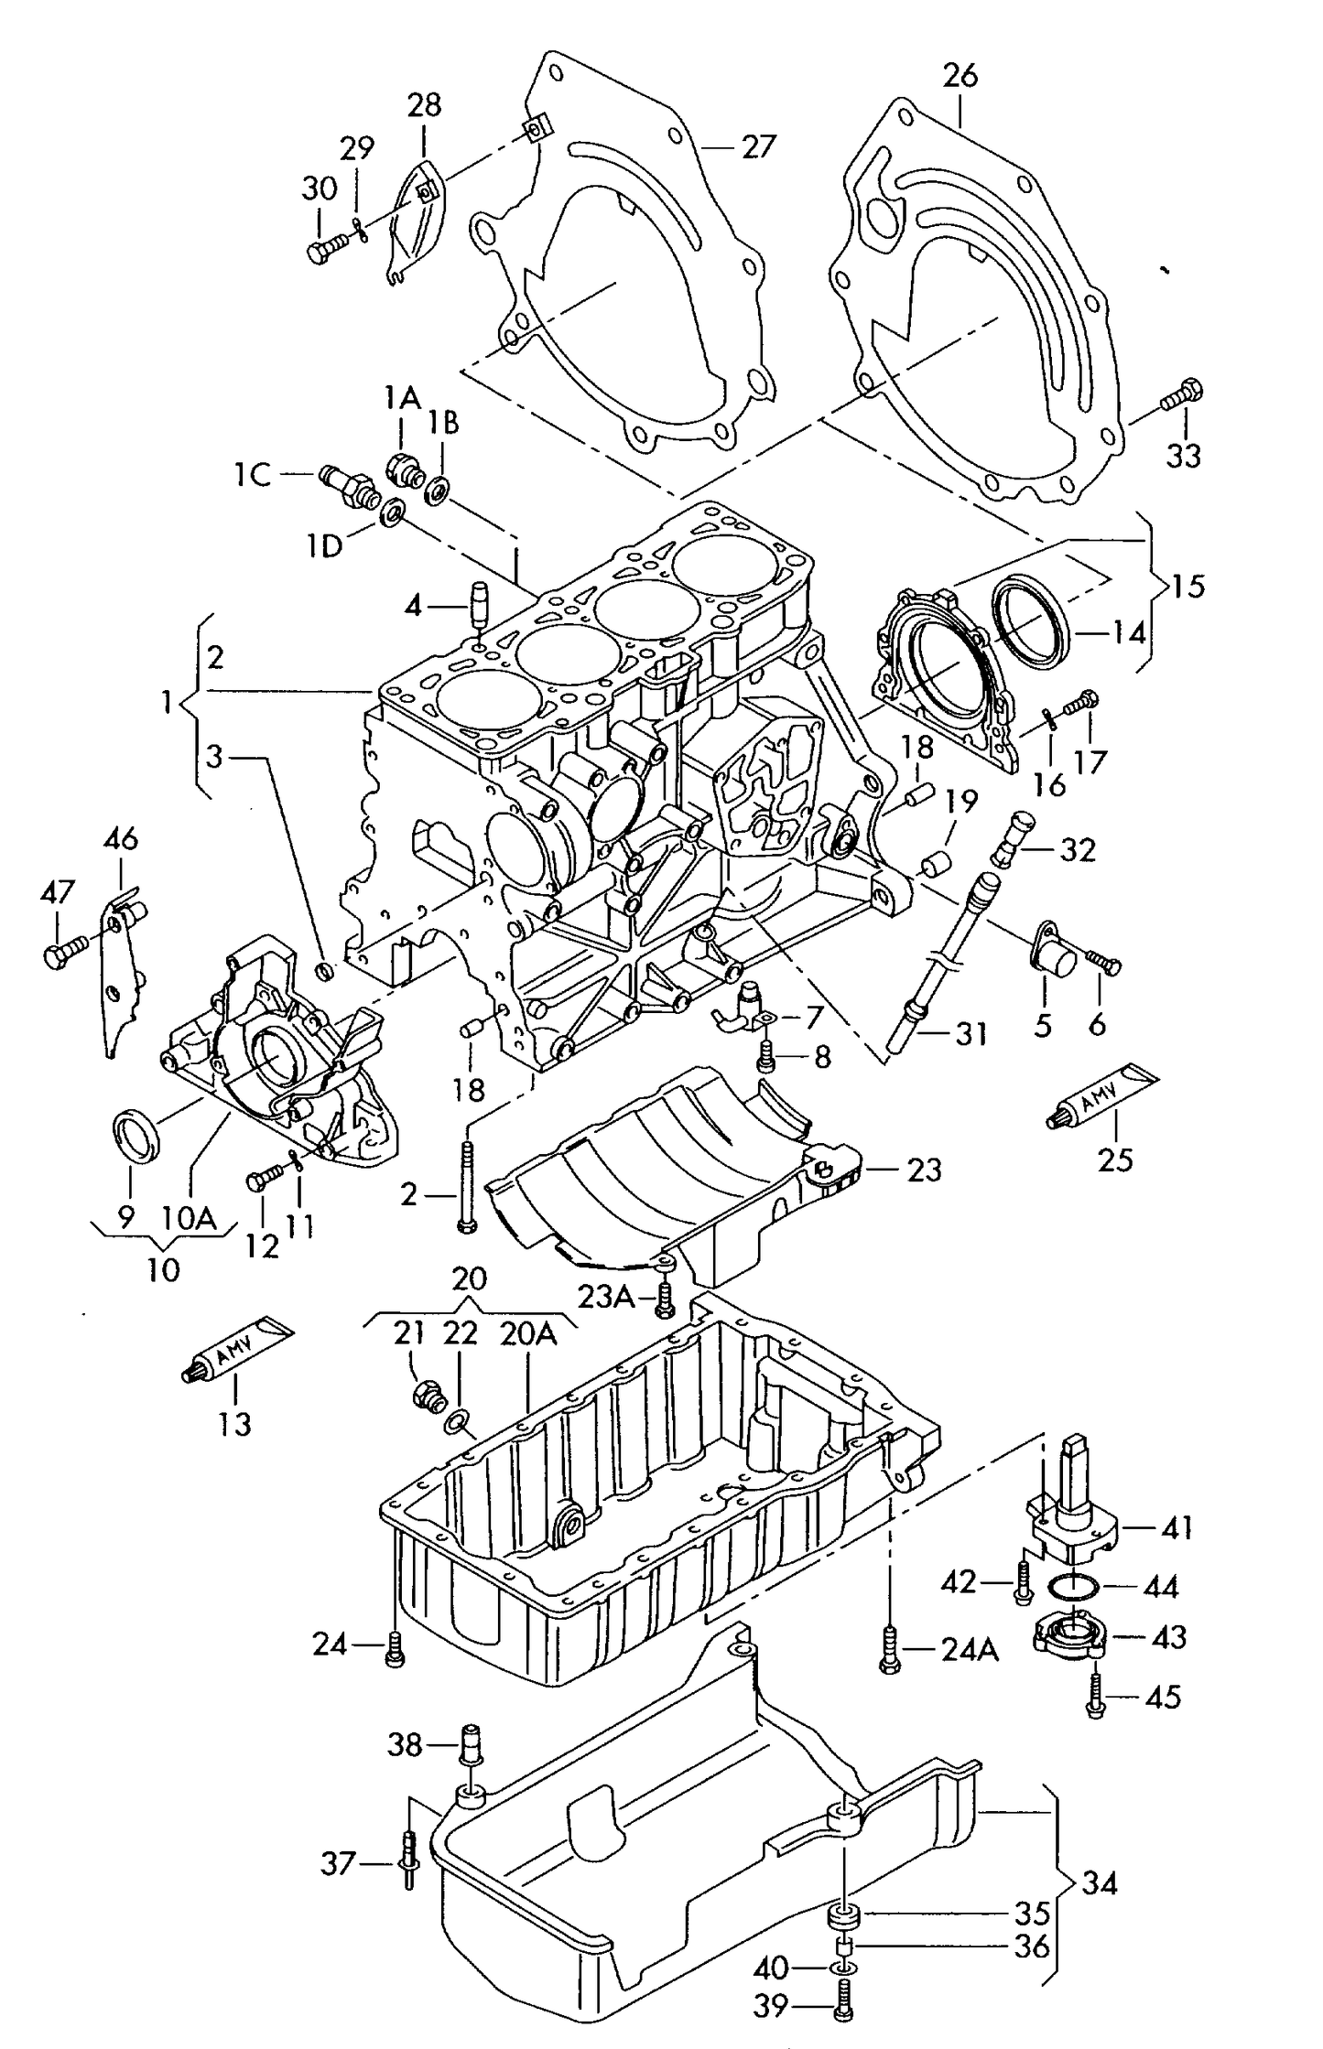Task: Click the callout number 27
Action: pos(759,146)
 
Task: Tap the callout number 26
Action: pos(960,75)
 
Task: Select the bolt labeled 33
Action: pos(1183,395)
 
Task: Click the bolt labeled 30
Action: pos(326,248)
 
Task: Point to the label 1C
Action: pos(251,475)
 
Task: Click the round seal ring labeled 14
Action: pos(1030,619)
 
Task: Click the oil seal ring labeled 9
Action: pos(136,1135)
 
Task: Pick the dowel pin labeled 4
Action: pos(477,602)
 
